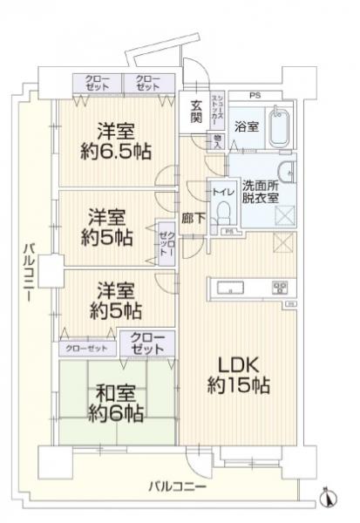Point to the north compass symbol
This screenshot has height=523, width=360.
(328, 497)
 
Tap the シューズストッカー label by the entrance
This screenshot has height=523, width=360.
(219, 110)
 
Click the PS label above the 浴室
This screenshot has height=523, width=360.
(255, 94)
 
